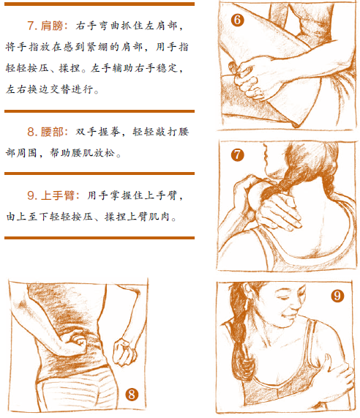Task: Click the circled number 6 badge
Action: [237, 20]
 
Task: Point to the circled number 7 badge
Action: [237, 155]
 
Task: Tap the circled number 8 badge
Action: [132, 395]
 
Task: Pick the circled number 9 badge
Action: [337, 295]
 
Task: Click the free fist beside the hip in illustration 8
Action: [124, 351]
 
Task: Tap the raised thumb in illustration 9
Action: [326, 361]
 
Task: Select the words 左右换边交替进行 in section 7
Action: [50, 89]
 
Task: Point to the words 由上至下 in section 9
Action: [28, 217]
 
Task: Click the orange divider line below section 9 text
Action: [100, 238]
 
